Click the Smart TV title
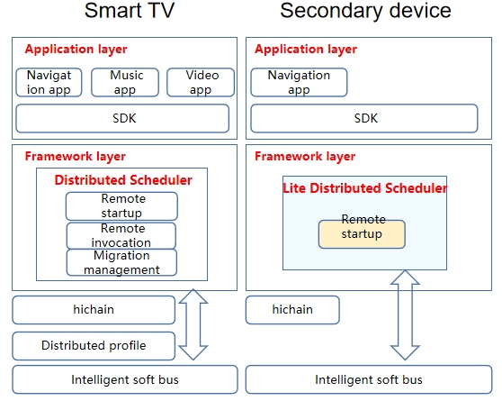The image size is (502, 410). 130,10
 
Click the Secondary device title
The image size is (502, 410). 365,10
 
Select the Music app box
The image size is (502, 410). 125,82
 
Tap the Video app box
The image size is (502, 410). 201,82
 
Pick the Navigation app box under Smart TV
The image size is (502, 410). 49,82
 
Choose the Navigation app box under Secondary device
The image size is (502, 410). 299,82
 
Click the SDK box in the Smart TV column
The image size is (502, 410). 122,118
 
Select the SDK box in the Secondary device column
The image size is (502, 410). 364,118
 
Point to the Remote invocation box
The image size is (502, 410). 121,235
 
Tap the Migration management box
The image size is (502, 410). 121,262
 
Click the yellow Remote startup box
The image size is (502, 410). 362,234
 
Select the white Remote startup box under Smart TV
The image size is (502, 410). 121,206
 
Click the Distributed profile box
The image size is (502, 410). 94,346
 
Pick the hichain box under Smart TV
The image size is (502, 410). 94,310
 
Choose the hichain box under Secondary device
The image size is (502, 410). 292,310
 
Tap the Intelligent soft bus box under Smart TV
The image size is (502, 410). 125,379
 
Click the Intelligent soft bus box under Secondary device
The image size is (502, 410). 369,379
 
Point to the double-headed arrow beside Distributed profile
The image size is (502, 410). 193,324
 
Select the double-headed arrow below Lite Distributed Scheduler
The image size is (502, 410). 405,315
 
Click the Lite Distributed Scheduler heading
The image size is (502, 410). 365,188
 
